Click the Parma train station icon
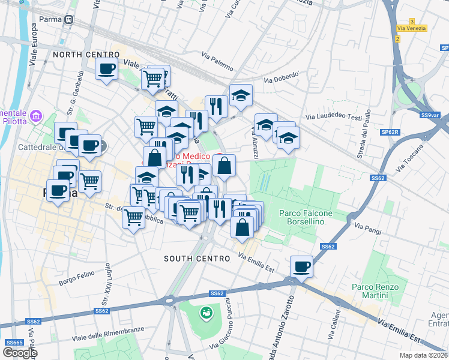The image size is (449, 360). coord(69,19)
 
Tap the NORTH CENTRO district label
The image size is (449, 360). coord(86,55)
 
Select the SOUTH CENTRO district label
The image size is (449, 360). coord(197,259)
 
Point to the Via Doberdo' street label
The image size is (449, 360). coord(281,78)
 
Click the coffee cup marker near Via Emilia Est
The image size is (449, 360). coord(301,266)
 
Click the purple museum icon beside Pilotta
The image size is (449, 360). coord(35,115)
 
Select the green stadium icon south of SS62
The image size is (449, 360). coord(205,312)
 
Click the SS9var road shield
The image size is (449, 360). coord(430,115)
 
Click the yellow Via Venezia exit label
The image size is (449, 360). coord(412,28)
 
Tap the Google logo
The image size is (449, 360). coord(20,352)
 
